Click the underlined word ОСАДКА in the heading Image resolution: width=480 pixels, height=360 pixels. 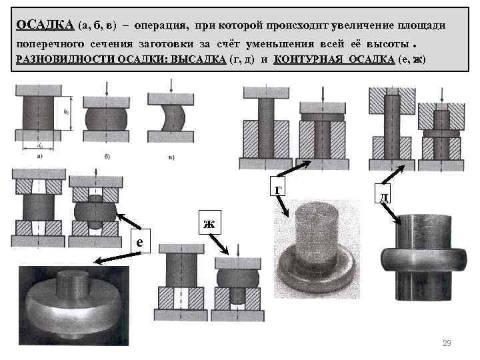(x=45, y=25)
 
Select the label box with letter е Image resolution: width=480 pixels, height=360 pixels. (x=139, y=242)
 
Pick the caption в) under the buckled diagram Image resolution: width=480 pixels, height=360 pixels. (x=171, y=157)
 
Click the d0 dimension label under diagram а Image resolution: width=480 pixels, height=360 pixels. (x=41, y=145)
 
